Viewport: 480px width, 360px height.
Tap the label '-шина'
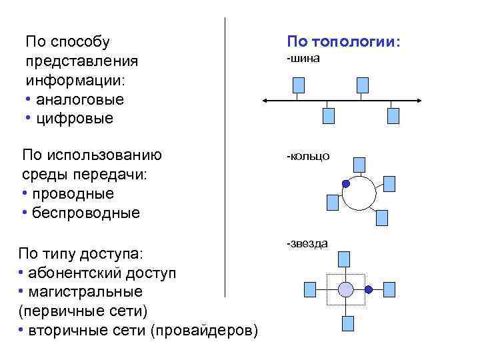[303, 59]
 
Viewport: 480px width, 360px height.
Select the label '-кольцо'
[307, 156]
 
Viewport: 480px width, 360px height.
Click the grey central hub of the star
[345, 289]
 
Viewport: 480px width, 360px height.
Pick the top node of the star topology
[345, 259]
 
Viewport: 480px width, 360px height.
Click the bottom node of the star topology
[347, 323]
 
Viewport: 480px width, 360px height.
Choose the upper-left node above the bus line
[299, 85]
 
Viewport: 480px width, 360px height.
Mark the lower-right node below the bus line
[393, 116]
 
